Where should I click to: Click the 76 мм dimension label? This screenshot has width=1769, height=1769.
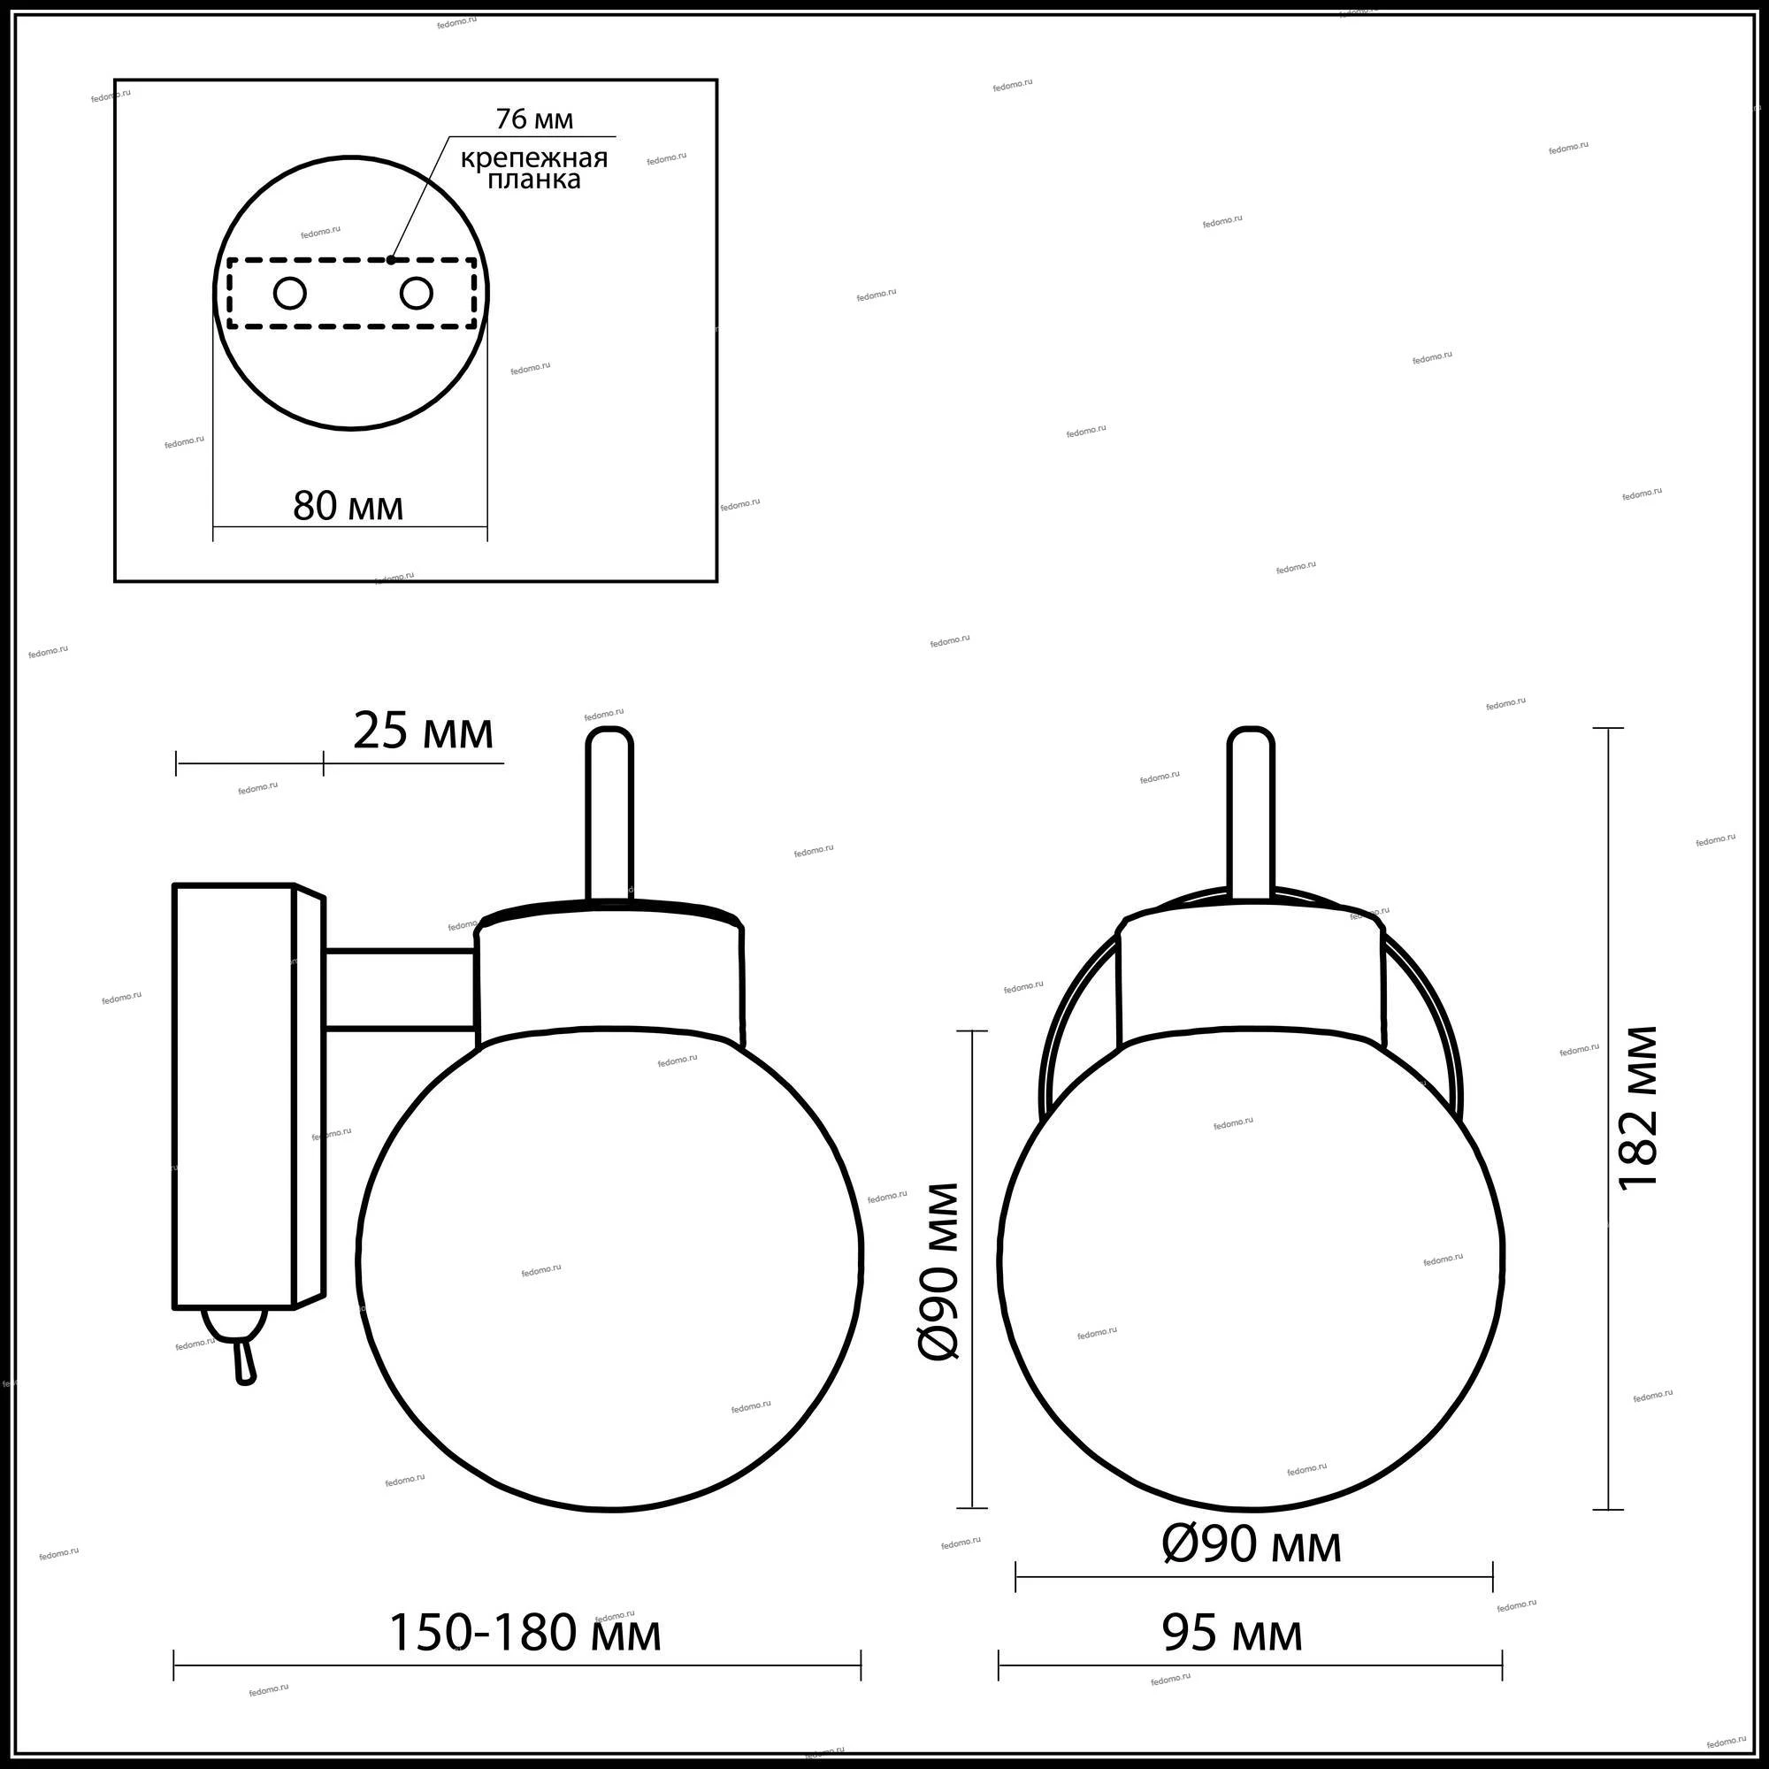point(535,119)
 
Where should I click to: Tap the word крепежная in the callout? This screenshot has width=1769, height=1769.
point(534,158)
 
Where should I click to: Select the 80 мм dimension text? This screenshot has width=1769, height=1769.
point(348,505)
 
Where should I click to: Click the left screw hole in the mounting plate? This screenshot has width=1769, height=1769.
point(290,294)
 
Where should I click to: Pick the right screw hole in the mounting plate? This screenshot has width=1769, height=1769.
point(416,294)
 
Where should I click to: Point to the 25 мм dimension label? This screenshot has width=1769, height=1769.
point(423,731)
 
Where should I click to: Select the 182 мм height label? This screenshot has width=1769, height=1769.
point(1638,1108)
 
